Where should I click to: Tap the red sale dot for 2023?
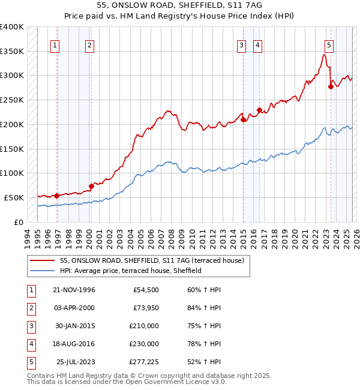(331, 86)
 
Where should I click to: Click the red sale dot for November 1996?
(56, 196)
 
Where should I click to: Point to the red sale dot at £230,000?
(259, 110)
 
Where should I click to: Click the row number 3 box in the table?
(30, 326)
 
